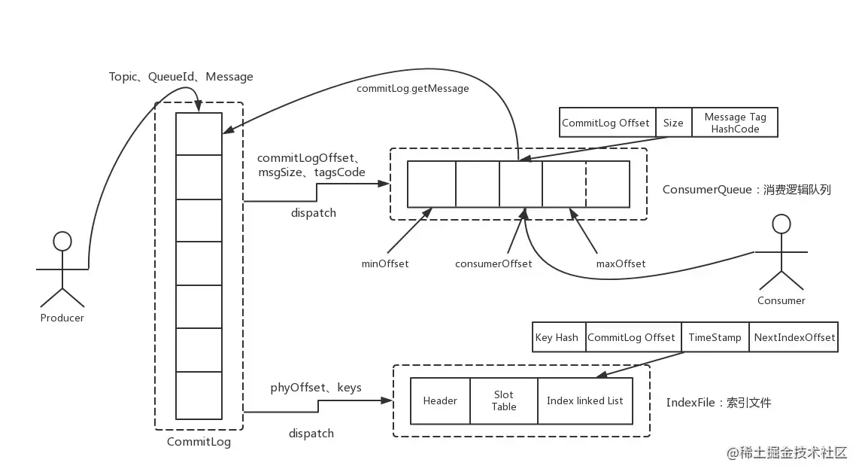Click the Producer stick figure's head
62,241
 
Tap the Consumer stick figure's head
782,224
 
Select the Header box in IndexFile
440,400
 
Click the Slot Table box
504,400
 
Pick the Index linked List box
585,400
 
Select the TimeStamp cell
715,336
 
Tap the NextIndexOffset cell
794,336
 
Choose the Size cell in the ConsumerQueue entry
673,122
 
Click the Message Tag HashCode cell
735,122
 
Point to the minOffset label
385,263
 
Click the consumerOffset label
493,263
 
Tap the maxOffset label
621,263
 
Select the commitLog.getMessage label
413,89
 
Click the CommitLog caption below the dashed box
199,441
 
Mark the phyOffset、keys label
316,388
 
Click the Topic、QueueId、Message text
181,77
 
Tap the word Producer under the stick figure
62,318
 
